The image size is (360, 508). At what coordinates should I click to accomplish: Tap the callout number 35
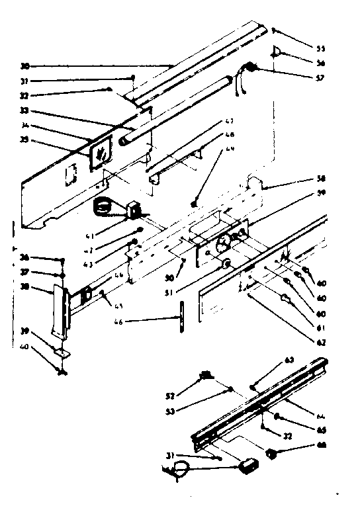point(24,140)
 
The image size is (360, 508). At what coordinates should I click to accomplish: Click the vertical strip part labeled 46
point(180,318)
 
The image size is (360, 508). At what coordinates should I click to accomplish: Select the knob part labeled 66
point(271,453)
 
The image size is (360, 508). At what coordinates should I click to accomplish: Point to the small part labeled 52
point(205,376)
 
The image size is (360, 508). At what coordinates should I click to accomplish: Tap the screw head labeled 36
point(61,260)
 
